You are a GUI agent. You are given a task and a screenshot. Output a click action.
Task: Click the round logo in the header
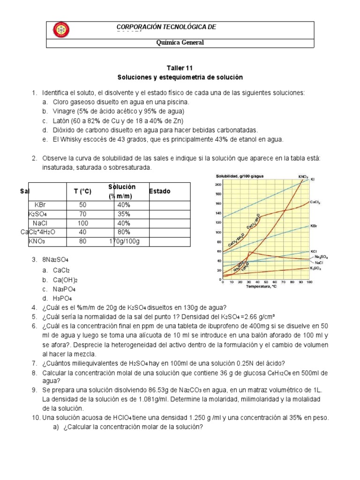61,30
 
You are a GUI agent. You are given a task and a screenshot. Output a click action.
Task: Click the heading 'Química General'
180,43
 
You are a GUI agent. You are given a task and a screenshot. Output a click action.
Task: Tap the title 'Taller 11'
180,68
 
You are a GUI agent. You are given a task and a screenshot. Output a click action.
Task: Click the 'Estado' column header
160,191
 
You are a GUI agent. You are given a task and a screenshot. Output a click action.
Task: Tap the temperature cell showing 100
82,223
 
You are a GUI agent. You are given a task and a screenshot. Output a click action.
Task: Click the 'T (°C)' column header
82,191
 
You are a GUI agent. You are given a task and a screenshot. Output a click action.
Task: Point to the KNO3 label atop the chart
303,177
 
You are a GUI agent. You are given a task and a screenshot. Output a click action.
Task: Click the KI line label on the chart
313,180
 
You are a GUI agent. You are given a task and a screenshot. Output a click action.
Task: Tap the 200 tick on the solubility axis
217,184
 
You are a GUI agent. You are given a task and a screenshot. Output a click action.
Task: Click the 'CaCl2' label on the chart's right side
315,202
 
